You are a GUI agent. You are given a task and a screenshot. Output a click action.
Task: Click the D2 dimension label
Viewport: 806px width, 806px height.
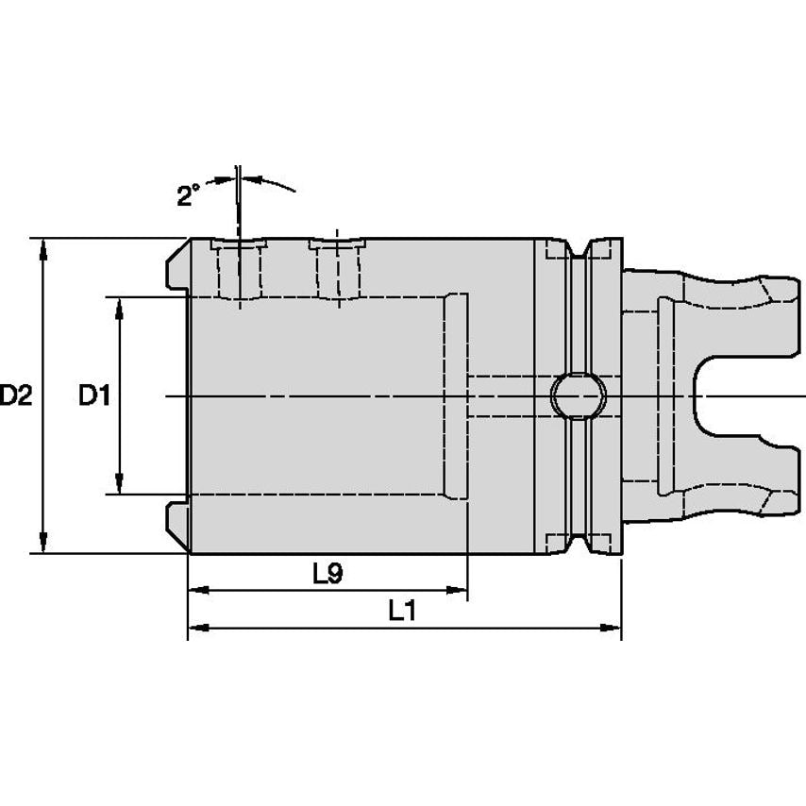click(x=16, y=395)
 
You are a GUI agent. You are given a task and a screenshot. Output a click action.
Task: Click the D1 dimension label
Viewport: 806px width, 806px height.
click(x=94, y=395)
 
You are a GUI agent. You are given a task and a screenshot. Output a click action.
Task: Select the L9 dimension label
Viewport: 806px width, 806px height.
click(x=327, y=574)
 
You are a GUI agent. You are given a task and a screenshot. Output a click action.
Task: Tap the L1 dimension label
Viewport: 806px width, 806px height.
click(x=401, y=612)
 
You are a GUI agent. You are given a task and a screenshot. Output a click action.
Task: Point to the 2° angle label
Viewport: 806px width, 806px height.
click(x=188, y=196)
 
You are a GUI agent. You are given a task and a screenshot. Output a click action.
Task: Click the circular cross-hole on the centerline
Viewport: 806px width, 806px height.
click(x=579, y=396)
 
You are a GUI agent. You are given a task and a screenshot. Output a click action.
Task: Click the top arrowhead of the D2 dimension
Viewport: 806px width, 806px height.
click(x=43, y=248)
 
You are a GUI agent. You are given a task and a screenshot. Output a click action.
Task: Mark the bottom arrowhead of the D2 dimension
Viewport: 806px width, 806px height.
click(x=43, y=544)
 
